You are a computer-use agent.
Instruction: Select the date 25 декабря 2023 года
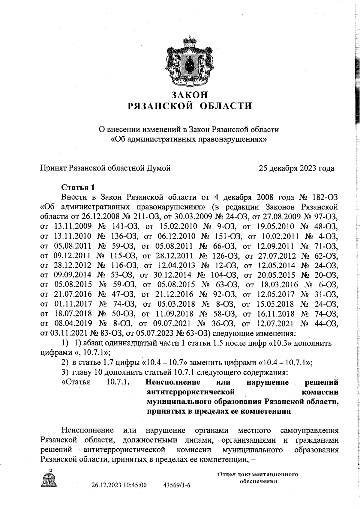296,168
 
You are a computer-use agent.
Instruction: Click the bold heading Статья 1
78,188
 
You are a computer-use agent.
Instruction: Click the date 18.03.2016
280,285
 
